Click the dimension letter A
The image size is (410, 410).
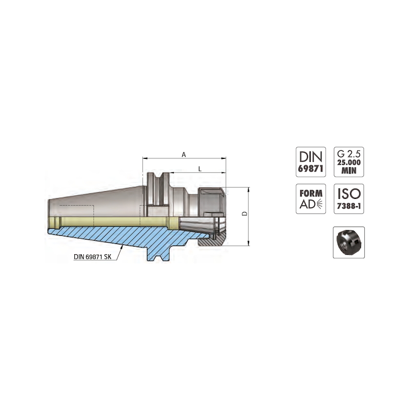coord(184,155)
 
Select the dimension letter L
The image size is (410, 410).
coord(200,169)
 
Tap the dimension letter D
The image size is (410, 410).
coord(245,214)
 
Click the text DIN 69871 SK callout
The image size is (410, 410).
coord(93,257)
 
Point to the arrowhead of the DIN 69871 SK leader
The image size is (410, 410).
coord(122,247)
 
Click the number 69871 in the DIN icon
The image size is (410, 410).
coord(311,169)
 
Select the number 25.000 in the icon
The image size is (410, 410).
coord(349,162)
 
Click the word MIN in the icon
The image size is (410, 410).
coord(349,171)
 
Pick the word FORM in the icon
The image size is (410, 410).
coord(311,194)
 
